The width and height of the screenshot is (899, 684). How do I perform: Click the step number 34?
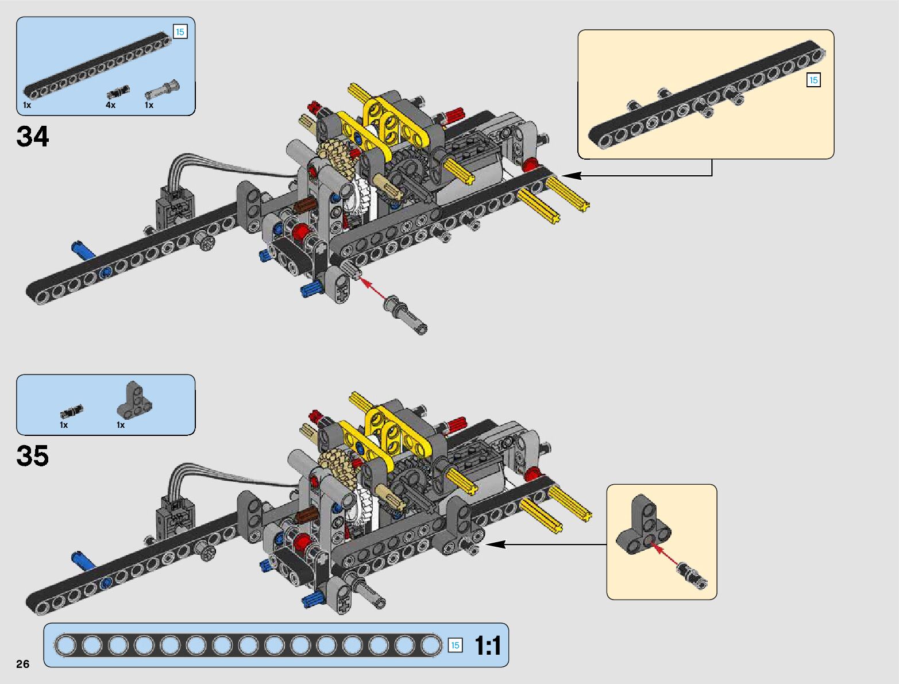click(x=33, y=137)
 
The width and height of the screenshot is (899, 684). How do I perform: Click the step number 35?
click(x=33, y=456)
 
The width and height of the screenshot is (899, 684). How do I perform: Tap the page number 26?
click(x=22, y=664)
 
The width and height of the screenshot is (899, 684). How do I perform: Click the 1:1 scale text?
click(x=488, y=646)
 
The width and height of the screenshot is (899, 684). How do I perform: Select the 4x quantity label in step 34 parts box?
click(x=110, y=105)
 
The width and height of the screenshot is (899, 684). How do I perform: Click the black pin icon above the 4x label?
click(x=118, y=92)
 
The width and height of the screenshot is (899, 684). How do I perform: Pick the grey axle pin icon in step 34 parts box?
click(x=162, y=90)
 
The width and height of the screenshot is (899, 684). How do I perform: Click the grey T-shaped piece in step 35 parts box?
click(x=135, y=400)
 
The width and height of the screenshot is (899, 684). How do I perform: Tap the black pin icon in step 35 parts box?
click(x=72, y=411)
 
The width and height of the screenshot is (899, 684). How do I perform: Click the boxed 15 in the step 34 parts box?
click(x=180, y=32)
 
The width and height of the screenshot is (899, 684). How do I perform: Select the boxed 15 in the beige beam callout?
click(x=813, y=80)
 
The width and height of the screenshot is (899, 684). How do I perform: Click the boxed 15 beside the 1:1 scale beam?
click(x=454, y=646)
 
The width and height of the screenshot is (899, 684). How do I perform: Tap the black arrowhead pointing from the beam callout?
click(x=568, y=175)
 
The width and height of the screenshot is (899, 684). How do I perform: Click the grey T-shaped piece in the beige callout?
click(x=643, y=525)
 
